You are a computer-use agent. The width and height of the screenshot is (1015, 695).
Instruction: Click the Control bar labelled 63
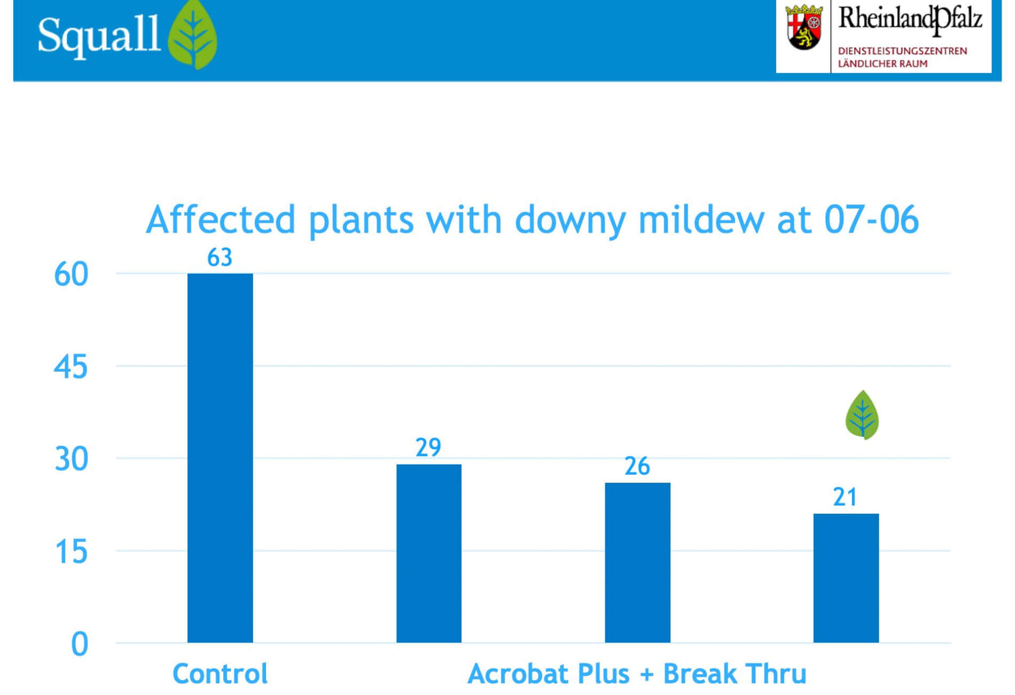tap(220, 457)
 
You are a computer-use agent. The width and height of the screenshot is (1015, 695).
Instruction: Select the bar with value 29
tap(429, 553)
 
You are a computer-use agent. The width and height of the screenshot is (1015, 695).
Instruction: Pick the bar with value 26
tap(637, 562)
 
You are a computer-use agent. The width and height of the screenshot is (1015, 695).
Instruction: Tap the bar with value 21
tap(846, 578)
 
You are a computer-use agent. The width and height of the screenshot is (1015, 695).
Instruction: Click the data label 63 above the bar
tap(220, 257)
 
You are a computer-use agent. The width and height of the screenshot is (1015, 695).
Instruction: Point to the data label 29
tap(428, 448)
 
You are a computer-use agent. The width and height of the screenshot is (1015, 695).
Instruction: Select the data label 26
tap(637, 466)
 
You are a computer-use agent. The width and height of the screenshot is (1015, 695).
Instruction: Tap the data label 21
tap(845, 497)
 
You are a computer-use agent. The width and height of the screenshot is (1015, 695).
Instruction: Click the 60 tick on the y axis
tap(71, 274)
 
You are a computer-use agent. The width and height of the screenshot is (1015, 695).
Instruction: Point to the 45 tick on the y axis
tap(71, 367)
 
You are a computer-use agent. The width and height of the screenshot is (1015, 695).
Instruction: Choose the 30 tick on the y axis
tap(71, 459)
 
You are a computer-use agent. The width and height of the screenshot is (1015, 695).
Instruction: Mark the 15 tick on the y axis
tap(71, 552)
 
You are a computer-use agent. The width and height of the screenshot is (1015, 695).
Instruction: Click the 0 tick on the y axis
tap(80, 644)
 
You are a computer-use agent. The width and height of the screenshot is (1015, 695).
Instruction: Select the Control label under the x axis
tap(220, 674)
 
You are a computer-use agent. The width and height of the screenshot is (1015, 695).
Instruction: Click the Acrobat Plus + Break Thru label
tap(637, 674)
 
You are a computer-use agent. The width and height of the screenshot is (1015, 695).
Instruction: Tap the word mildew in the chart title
tap(701, 220)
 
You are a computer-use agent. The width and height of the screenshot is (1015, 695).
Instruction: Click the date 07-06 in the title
tap(871, 220)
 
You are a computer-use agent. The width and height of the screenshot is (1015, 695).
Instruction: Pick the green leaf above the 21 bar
tap(862, 415)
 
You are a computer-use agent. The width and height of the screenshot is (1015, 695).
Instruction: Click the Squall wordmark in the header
tap(99, 35)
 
